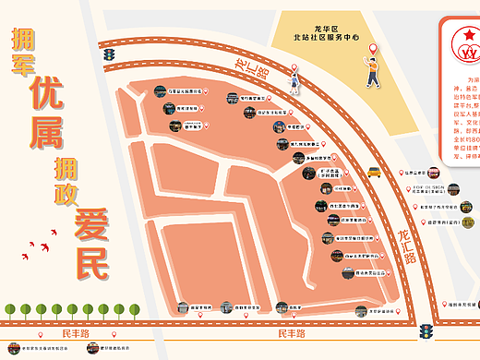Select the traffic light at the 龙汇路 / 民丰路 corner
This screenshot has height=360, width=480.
coord(426,330)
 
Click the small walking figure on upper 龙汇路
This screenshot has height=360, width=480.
coord(294,84)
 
